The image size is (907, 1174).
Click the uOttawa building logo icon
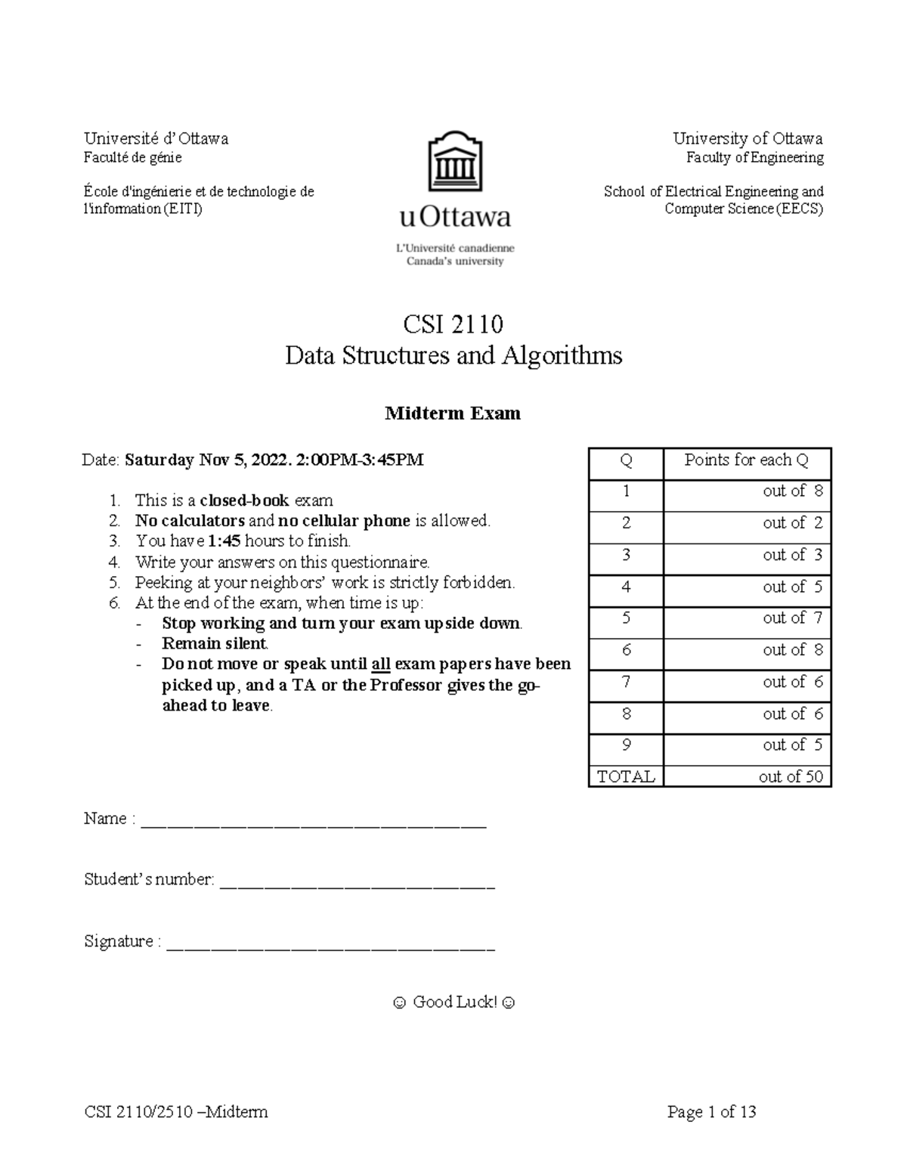click(455, 163)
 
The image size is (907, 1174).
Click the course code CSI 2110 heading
click(453, 324)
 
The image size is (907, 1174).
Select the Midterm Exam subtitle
click(453, 414)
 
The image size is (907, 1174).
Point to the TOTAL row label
click(626, 776)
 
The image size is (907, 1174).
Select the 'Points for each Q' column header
click(746, 460)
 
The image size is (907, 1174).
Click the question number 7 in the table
click(626, 683)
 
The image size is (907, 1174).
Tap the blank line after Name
click(314, 822)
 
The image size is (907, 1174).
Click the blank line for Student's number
click(357, 884)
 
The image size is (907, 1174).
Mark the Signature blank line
click(330, 945)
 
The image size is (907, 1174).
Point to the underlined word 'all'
click(380, 664)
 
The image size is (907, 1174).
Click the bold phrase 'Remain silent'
click(215, 644)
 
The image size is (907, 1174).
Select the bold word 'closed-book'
click(244, 500)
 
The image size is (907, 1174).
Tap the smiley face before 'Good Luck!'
click(398, 1003)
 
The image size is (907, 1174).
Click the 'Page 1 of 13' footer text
click(711, 1112)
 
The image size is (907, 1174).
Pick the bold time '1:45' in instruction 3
click(224, 541)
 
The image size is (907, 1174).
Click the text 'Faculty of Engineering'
click(754, 158)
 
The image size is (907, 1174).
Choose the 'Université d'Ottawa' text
click(156, 138)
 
